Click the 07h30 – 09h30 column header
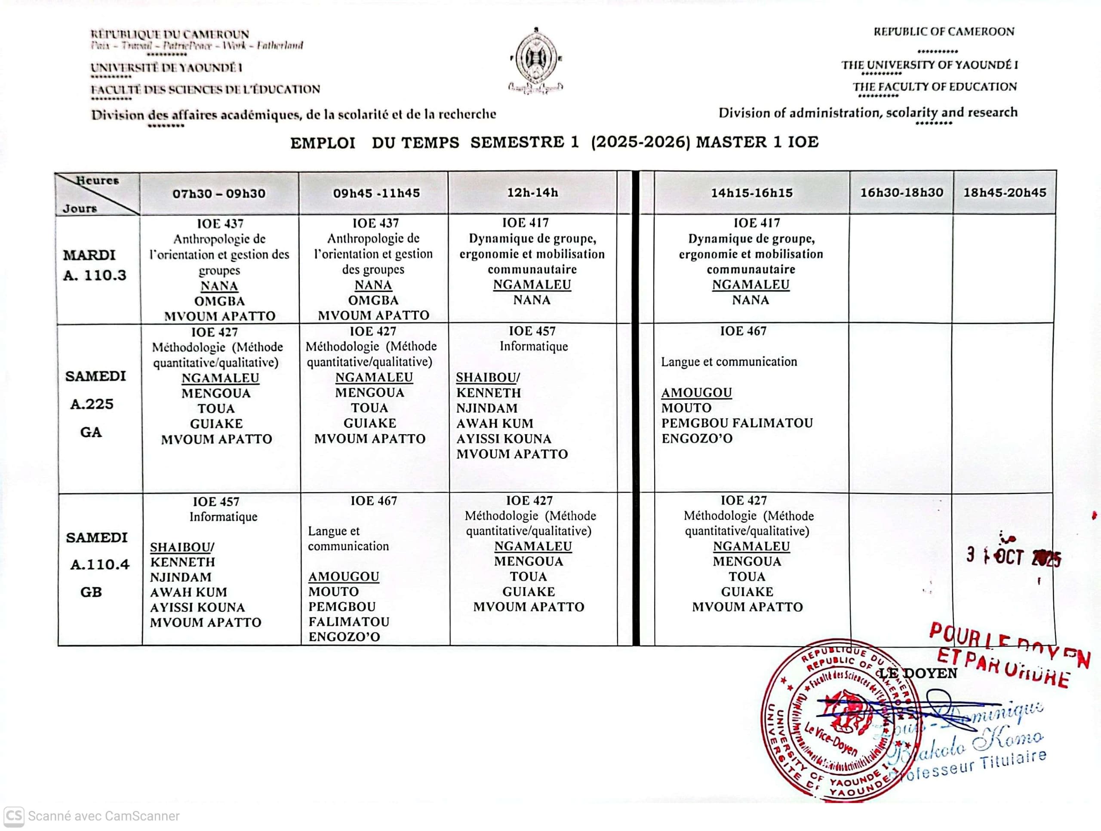pos(219,193)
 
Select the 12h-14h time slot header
pos(532,193)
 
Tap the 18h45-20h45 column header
pos(1004,193)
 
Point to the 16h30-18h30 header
pos(901,193)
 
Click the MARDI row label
pos(89,255)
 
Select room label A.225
pos(92,404)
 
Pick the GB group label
pos(91,592)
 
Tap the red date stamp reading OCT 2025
pos(1013,557)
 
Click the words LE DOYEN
pos(918,673)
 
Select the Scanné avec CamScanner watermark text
pos(104,816)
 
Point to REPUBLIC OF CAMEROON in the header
pos(943,32)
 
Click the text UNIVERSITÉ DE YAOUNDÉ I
pos(166,67)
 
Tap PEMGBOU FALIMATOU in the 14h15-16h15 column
pos(737,423)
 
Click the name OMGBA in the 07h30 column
pos(219,301)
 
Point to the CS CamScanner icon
pos(13,816)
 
